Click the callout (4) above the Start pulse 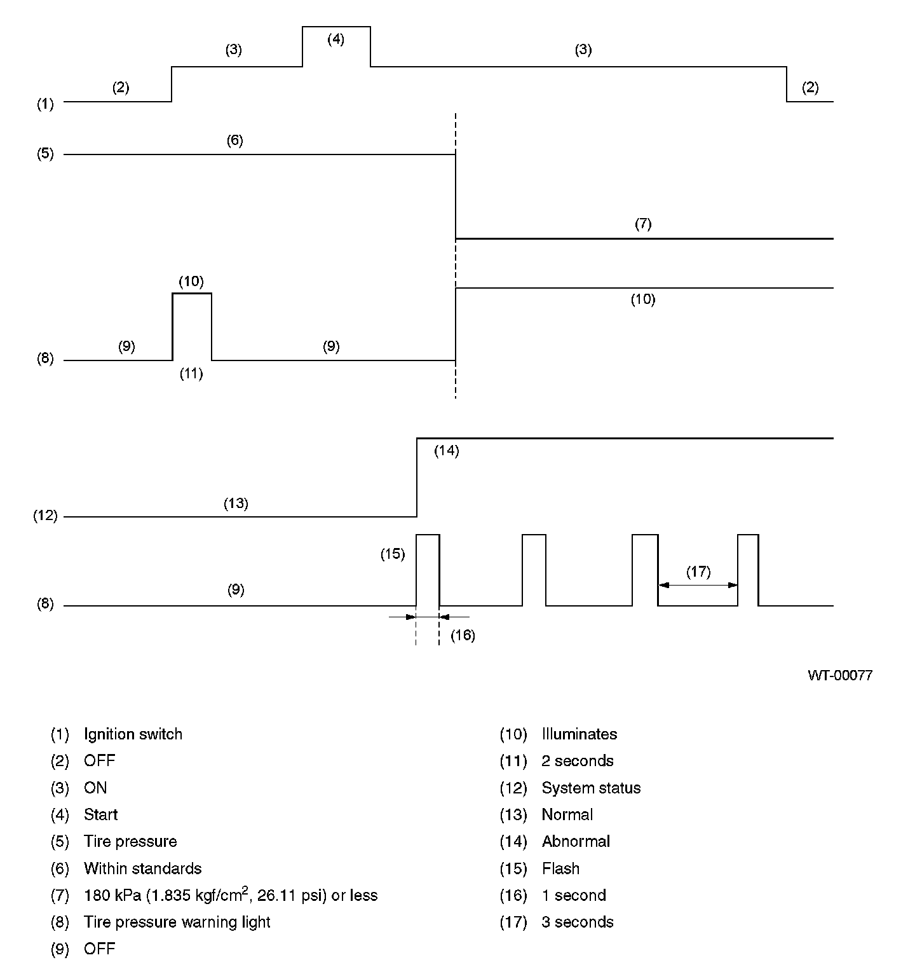[x=335, y=39]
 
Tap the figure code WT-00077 [x=839, y=675]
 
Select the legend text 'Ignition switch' [x=133, y=734]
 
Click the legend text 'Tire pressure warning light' [x=177, y=923]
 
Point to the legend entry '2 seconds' [x=577, y=761]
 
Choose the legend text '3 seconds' [x=577, y=923]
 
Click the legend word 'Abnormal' [x=575, y=842]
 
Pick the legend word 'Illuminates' [x=579, y=734]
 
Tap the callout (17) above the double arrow [x=698, y=572]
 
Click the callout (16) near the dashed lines [x=463, y=635]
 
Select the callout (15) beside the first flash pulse [x=393, y=554]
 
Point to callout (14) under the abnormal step [x=446, y=451]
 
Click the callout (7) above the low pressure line [x=643, y=224]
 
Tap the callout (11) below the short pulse [x=191, y=374]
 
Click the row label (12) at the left [x=45, y=516]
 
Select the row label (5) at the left [x=45, y=154]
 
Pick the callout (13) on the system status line [x=236, y=504]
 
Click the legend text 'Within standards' [x=142, y=868]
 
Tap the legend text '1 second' [x=573, y=896]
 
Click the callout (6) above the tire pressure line [x=234, y=141]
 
